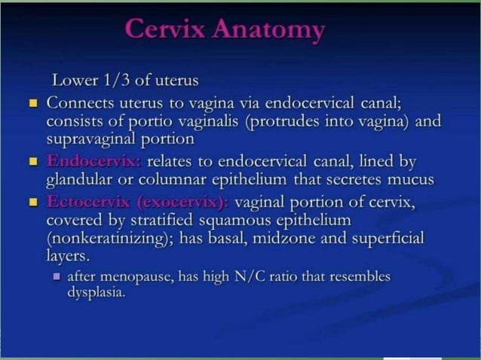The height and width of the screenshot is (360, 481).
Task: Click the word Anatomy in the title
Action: click(x=269, y=30)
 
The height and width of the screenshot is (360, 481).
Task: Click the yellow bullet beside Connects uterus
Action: click(x=33, y=102)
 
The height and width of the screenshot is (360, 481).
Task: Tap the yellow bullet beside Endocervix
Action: click(x=33, y=161)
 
